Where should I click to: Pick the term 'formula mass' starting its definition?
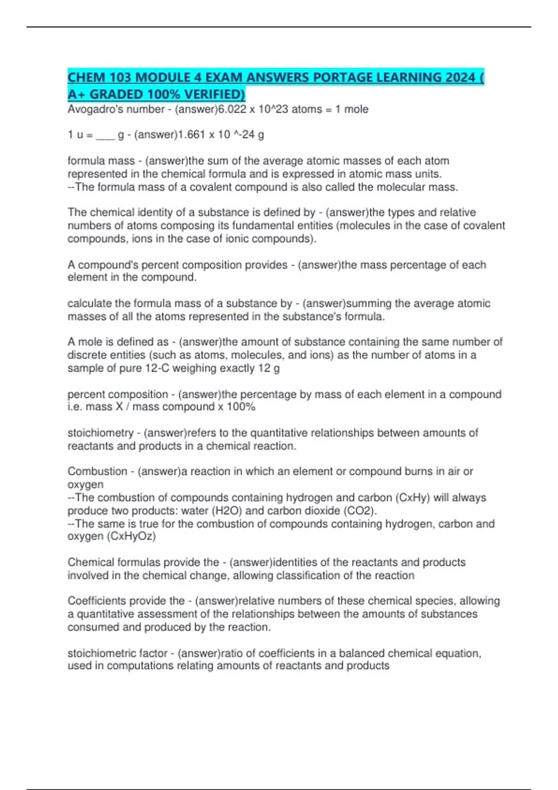pyautogui.click(x=101, y=161)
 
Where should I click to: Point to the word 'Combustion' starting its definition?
pyautogui.click(x=97, y=471)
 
